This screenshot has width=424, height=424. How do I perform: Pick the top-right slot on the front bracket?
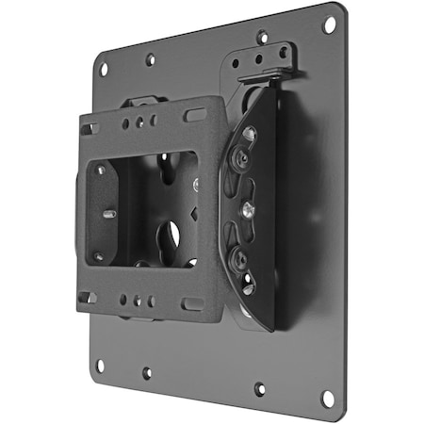[x=195, y=115]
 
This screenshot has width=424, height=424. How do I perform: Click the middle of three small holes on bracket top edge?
[x=139, y=122]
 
